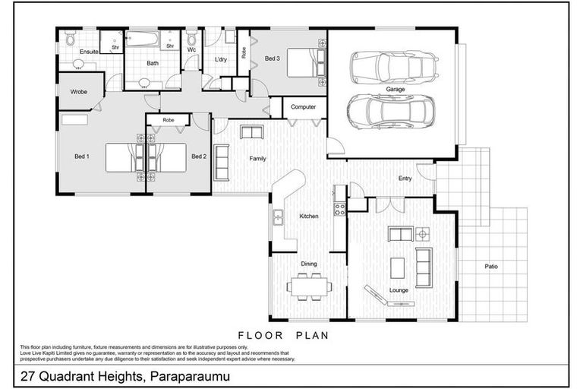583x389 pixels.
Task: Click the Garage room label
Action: [x=395, y=90]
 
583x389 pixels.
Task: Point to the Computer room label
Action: [x=303, y=107]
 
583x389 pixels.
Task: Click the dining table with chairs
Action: [x=309, y=286]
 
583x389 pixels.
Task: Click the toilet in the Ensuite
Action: [x=70, y=39]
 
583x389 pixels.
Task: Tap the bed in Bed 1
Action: [x=121, y=158]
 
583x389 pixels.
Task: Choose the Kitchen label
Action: [x=308, y=217]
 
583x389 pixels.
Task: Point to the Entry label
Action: [x=405, y=179]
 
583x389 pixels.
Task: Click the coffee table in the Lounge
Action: [x=397, y=267]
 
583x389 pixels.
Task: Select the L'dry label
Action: [x=221, y=59]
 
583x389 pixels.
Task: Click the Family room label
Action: [x=257, y=159]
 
